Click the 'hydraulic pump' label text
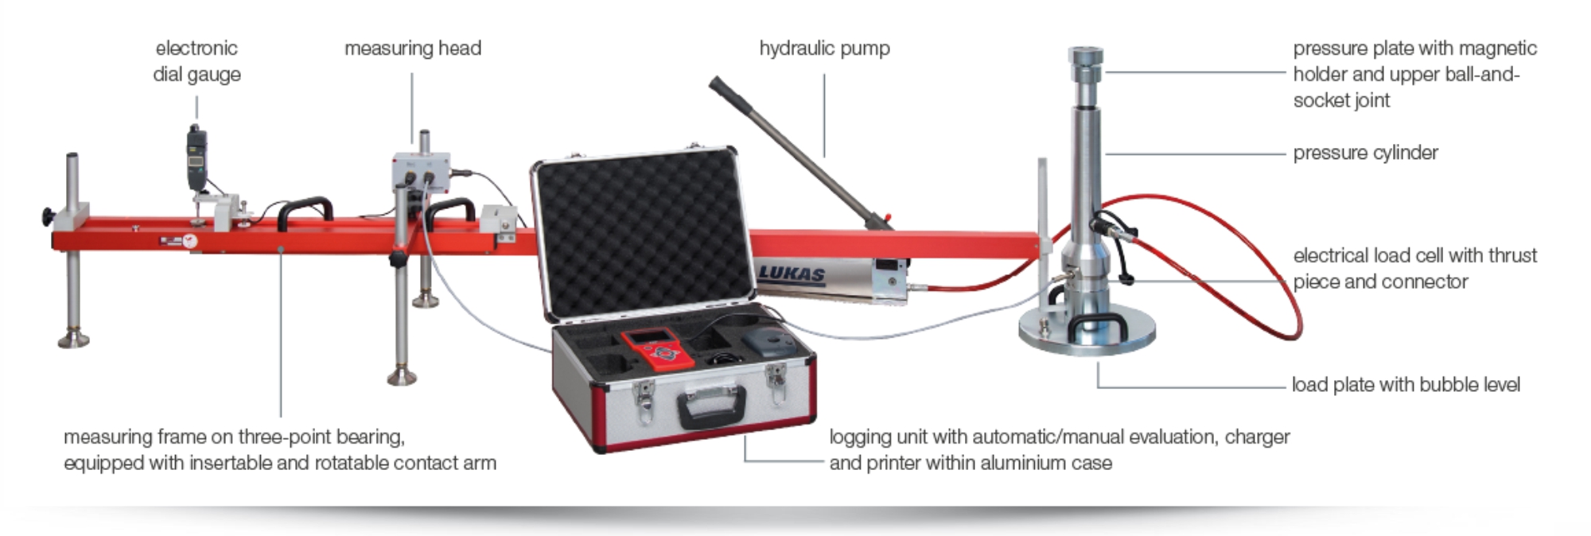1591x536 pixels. coord(824,49)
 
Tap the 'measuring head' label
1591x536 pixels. coord(413,49)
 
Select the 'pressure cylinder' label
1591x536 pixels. coord(1365,153)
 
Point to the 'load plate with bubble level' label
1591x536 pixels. coord(1406,385)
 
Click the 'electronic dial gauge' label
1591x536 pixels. coord(196,61)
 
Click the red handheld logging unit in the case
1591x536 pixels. coord(657,349)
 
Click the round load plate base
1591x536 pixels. coord(1087,331)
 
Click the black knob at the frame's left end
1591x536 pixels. coord(49,216)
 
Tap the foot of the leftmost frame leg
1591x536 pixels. coord(73,340)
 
